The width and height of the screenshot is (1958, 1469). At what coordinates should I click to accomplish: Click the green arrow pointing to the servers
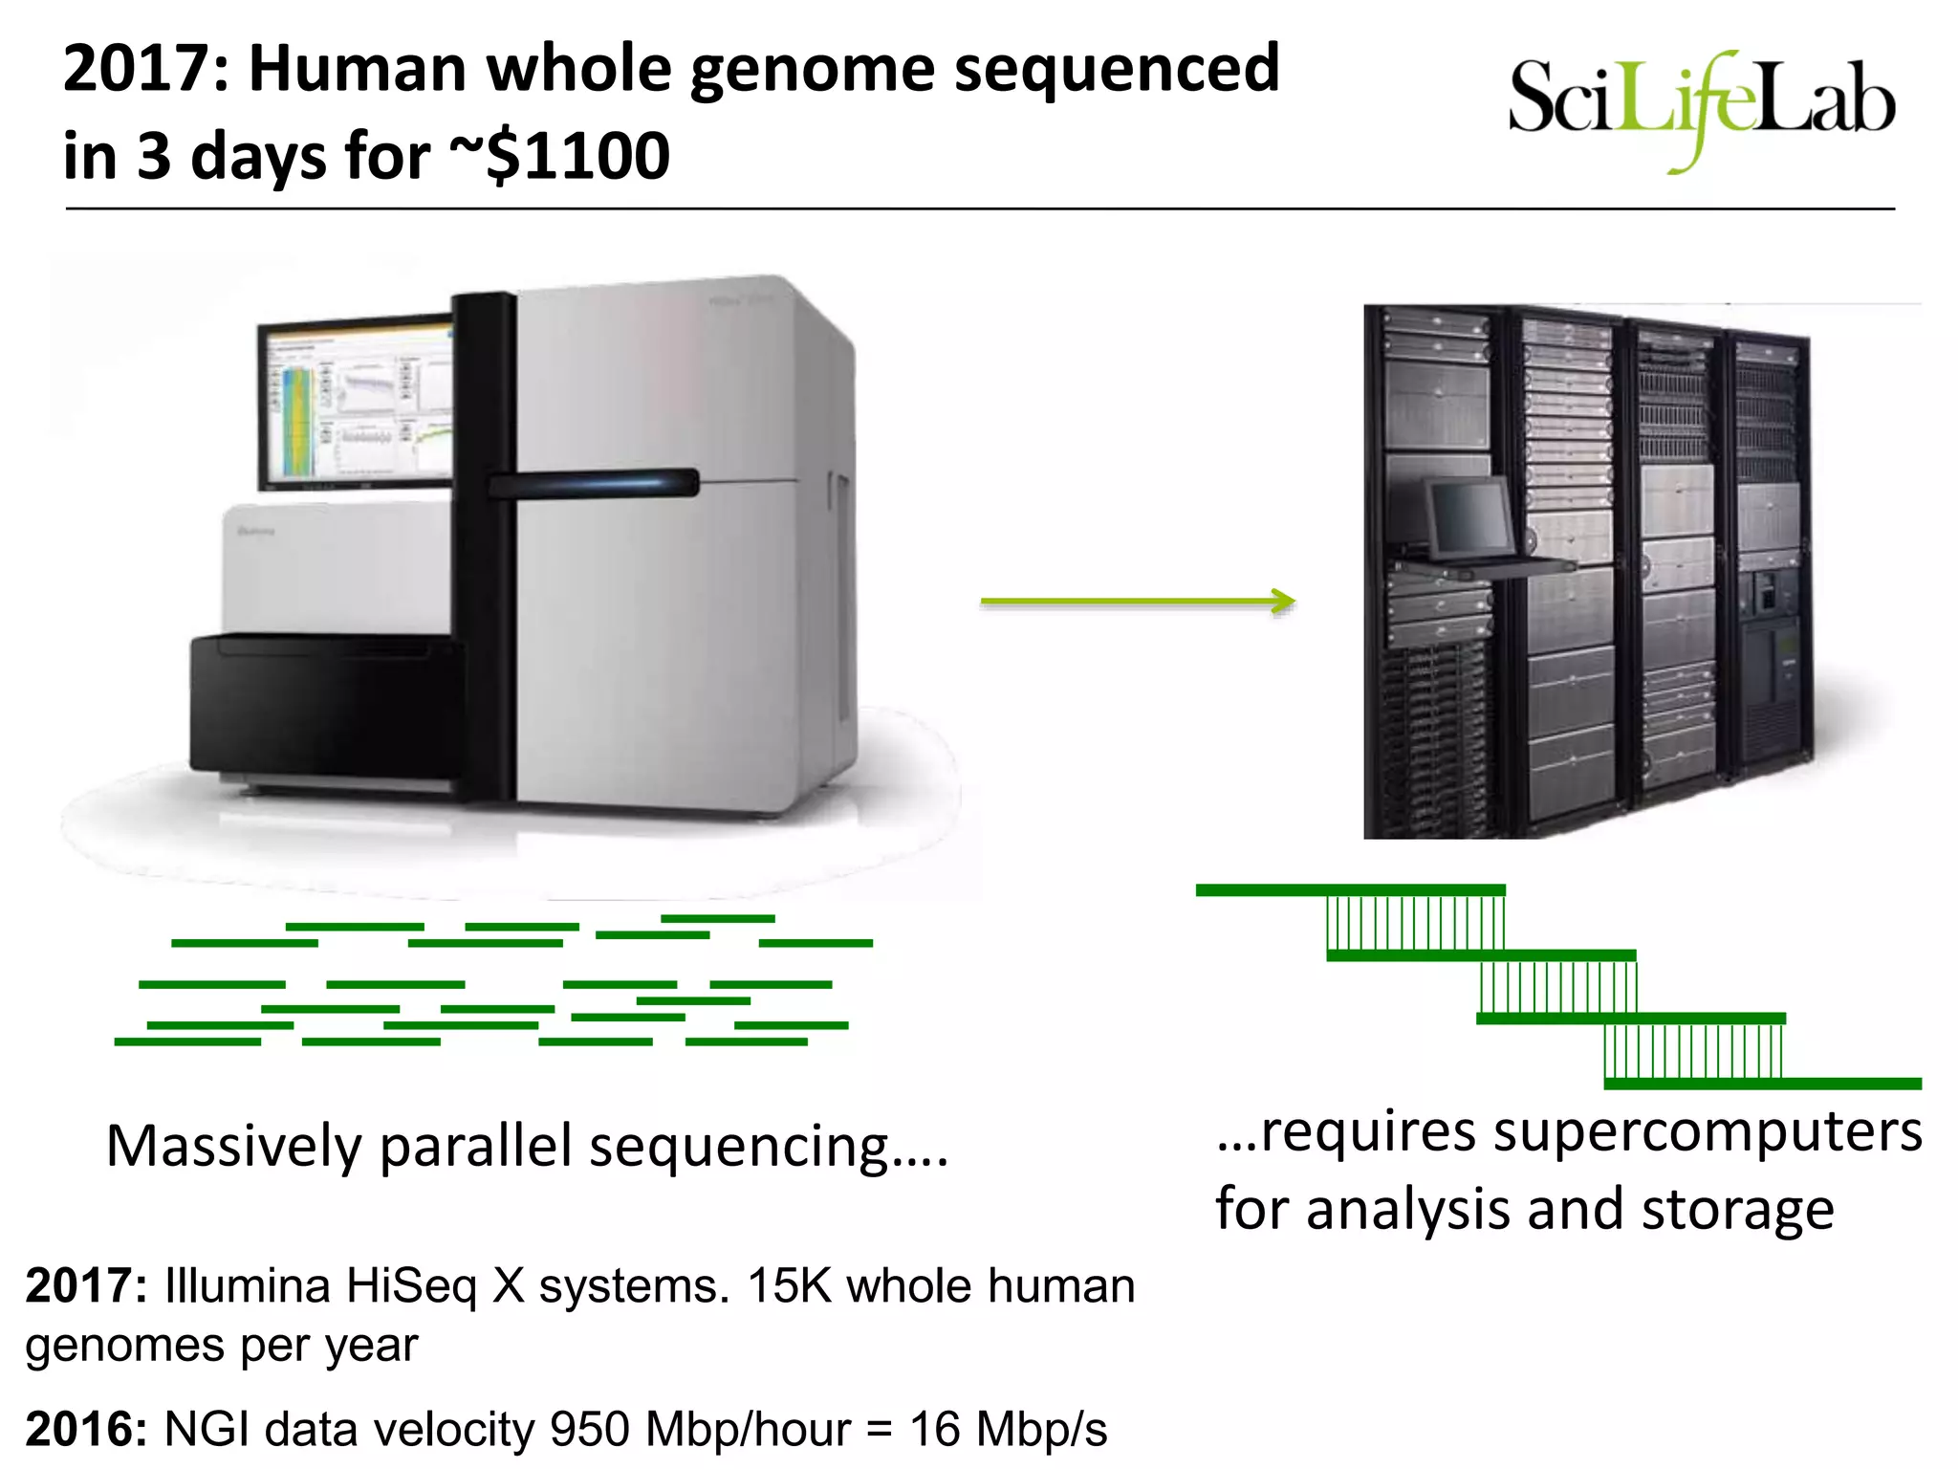[x=1138, y=602]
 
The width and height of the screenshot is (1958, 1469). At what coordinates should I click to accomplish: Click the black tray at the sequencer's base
[x=325, y=706]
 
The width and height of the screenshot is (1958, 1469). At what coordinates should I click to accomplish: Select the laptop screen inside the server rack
[x=1469, y=515]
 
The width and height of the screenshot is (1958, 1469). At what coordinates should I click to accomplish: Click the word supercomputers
[x=1707, y=1131]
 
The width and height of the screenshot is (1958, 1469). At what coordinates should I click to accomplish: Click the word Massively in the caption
[x=233, y=1146]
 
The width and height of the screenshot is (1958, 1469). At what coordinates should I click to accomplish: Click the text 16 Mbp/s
[x=1009, y=1429]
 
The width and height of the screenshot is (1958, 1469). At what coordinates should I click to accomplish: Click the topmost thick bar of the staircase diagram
[x=1350, y=890]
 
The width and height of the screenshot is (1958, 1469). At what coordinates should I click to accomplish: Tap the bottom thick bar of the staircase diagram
[x=1762, y=1084]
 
